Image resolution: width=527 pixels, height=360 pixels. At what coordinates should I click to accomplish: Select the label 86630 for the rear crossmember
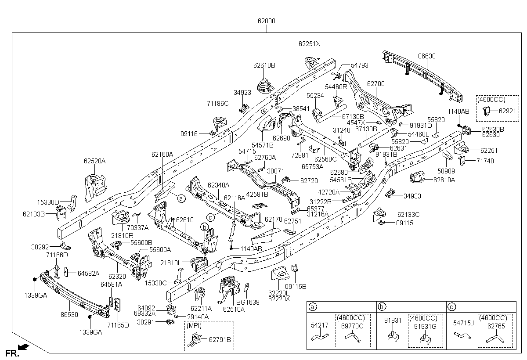coord(426,56)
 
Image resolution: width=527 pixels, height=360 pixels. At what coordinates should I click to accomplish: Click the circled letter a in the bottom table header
coord(312,307)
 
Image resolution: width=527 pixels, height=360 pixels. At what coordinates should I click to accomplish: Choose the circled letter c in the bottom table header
coord(452,307)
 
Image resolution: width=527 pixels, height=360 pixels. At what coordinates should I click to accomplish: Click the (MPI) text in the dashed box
coord(194,326)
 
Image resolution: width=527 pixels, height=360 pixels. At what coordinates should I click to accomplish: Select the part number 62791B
coord(220,339)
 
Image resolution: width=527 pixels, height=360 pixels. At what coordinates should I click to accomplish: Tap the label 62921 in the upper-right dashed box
coord(507,111)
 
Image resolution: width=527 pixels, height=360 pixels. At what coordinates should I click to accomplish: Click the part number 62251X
coord(310,44)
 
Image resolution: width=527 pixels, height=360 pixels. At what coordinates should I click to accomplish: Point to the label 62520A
coord(95,161)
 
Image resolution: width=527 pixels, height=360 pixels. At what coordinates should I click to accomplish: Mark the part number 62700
coord(375,83)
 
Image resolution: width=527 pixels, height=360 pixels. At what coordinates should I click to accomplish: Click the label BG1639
coord(248,302)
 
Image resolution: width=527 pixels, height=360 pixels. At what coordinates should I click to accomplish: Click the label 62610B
coord(264,65)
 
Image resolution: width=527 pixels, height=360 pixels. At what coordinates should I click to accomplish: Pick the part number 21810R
coord(122,235)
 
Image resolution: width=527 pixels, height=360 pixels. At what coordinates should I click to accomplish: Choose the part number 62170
coord(274,219)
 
